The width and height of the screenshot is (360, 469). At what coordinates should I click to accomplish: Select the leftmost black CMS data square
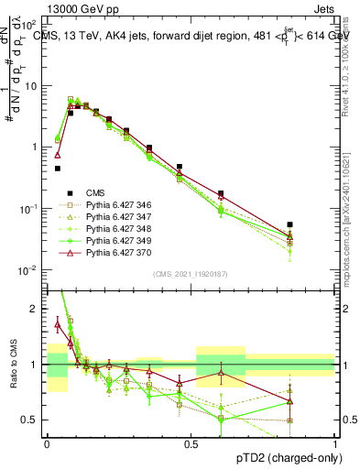click(58, 169)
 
